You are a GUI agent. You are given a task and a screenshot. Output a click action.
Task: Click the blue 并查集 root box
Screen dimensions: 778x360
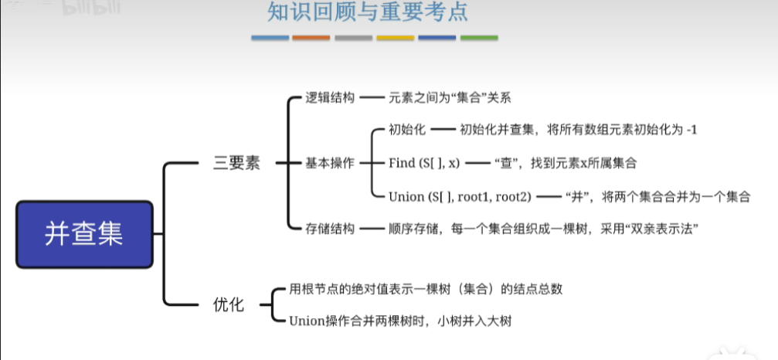(83, 234)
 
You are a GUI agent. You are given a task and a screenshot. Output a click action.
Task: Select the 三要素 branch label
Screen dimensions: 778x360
(236, 164)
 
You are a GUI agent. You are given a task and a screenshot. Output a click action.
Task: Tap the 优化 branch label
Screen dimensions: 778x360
(228, 304)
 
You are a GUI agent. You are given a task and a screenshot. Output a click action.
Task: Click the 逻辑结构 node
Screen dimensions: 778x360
(330, 98)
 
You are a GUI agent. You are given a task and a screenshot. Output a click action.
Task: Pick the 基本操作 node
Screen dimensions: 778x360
(330, 163)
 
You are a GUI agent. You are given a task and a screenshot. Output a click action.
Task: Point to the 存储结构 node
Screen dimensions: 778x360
(330, 229)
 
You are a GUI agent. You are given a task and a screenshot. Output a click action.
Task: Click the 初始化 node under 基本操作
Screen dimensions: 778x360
(408, 130)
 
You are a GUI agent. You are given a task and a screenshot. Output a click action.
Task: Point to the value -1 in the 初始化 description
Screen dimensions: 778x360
(691, 130)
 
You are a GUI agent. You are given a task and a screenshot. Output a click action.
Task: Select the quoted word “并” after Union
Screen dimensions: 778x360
(578, 196)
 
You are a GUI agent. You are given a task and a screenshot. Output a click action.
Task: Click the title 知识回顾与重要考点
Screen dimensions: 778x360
(368, 13)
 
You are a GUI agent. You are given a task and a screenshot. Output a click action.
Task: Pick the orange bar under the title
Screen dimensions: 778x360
(311, 37)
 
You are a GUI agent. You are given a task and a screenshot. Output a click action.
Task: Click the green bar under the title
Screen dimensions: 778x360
(479, 37)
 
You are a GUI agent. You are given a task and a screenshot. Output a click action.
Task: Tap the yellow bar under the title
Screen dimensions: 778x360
(395, 37)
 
